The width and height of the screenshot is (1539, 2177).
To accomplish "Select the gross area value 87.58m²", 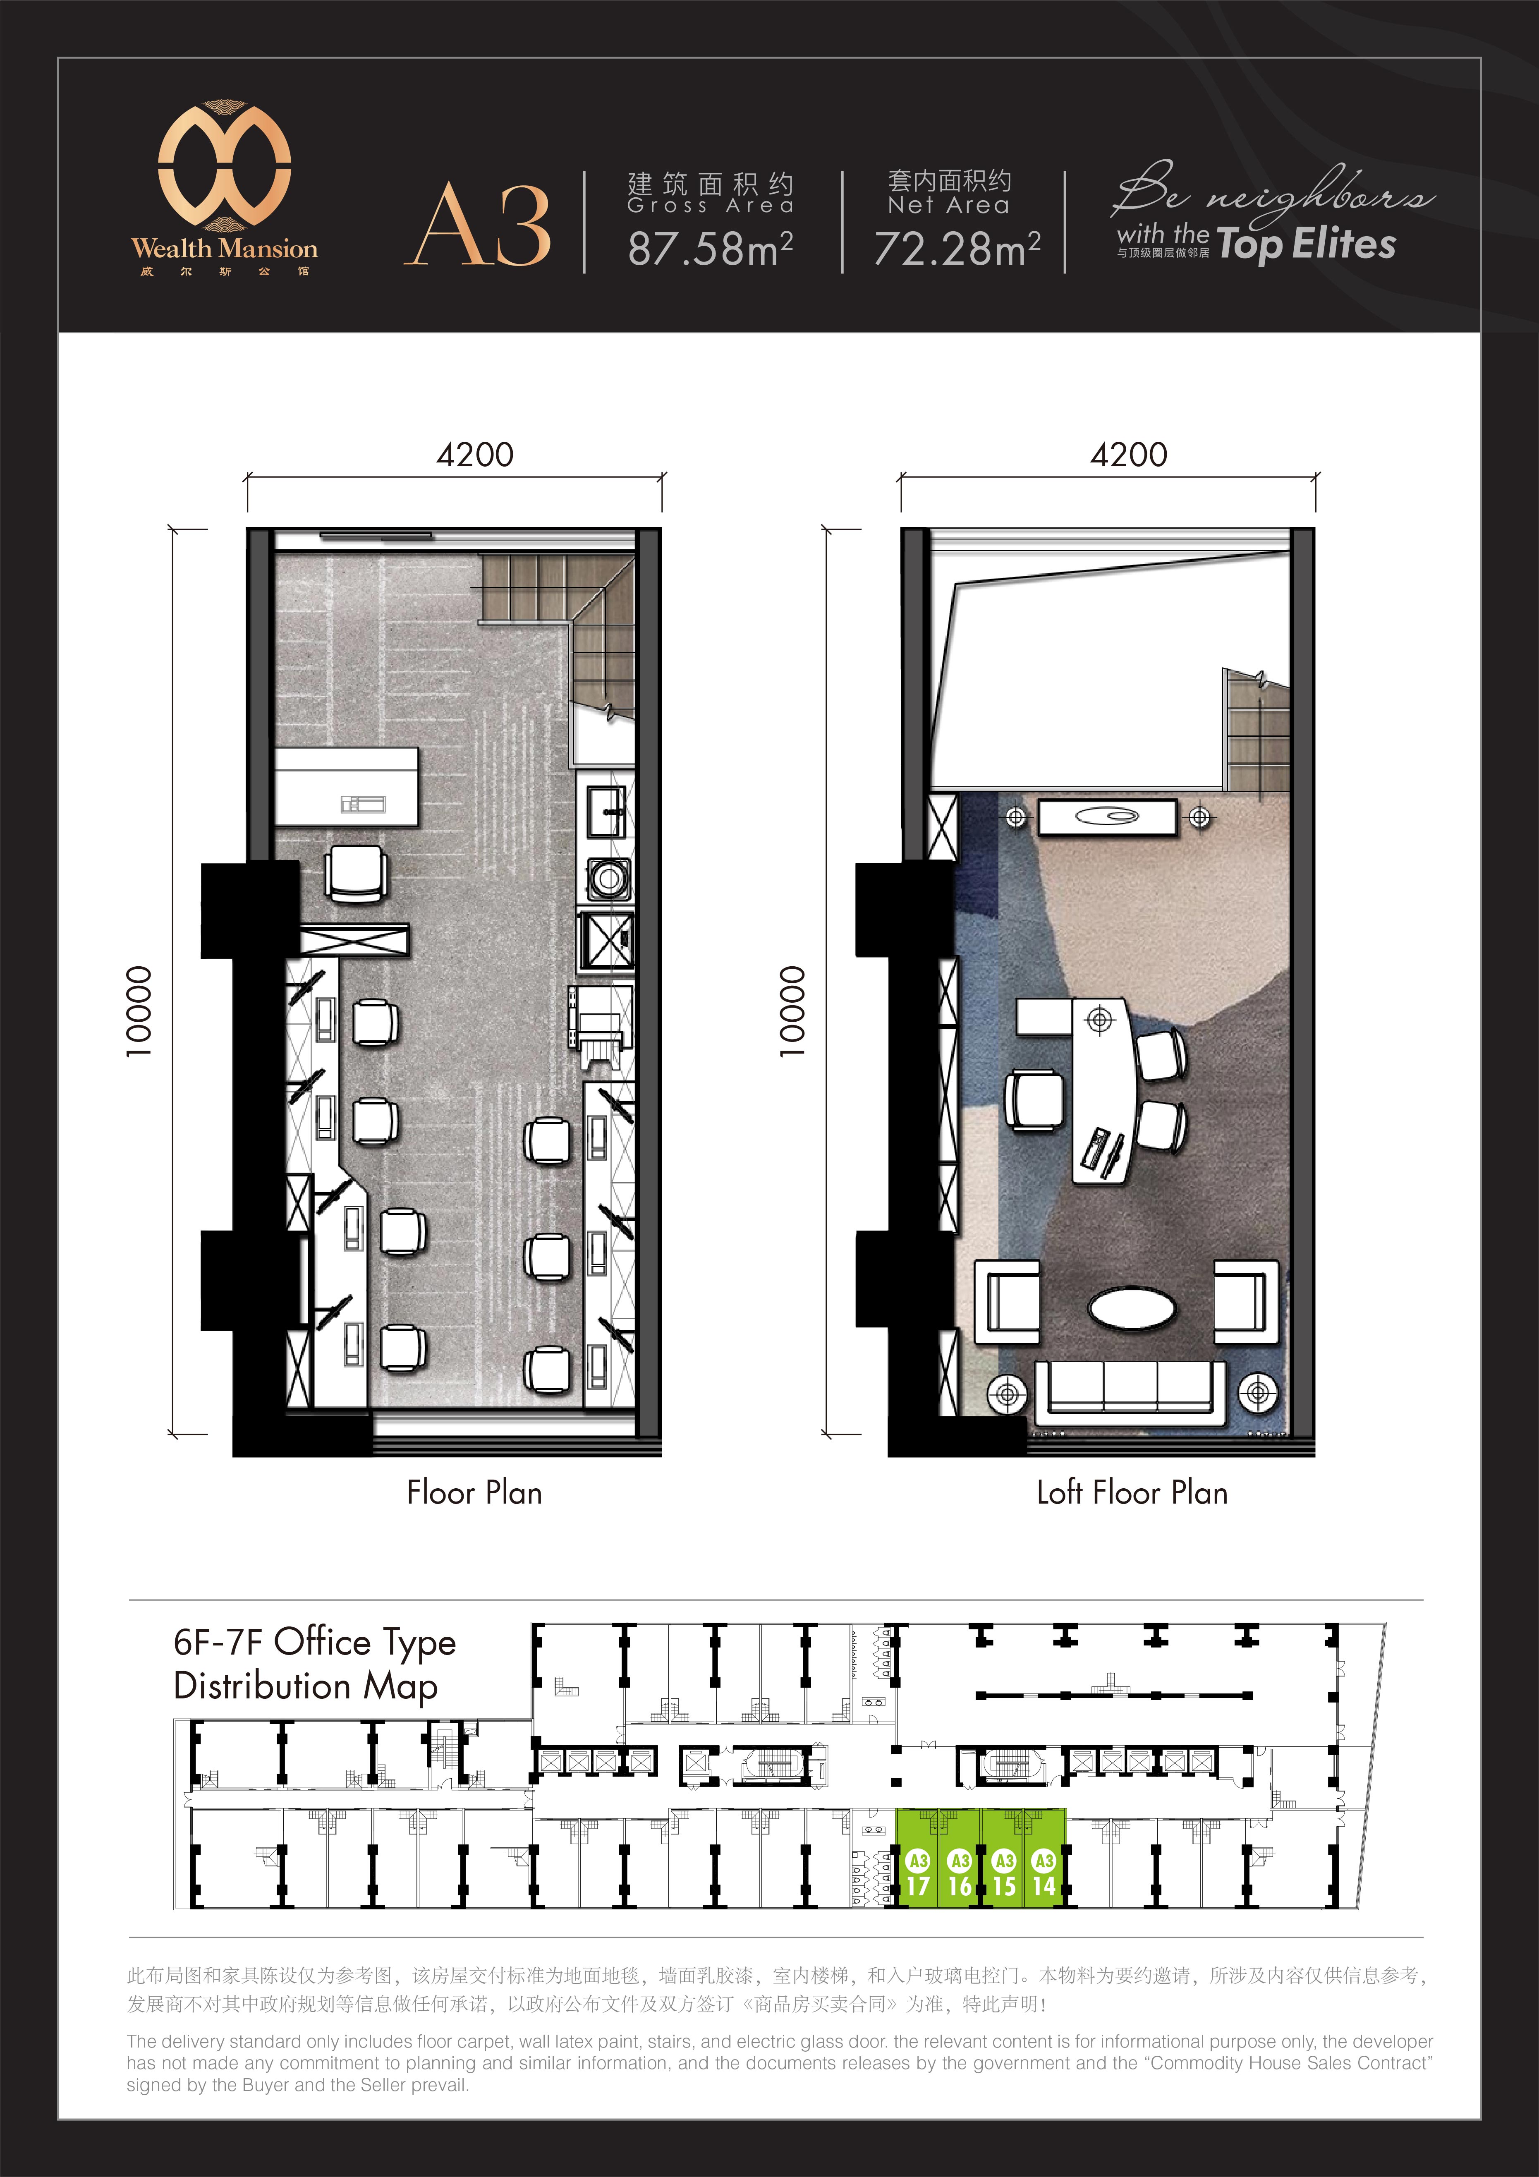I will [x=709, y=249].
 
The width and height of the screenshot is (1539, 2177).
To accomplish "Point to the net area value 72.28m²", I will [x=956, y=249].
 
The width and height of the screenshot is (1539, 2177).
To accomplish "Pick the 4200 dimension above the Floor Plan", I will [x=474, y=455].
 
